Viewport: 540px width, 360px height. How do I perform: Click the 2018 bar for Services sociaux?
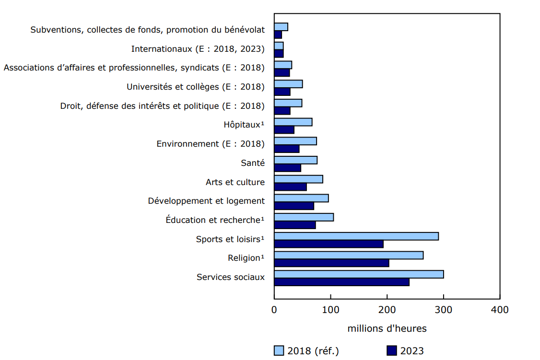(359, 274)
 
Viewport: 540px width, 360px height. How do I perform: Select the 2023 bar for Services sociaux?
(341, 282)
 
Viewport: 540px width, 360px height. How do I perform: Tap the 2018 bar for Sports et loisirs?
(356, 236)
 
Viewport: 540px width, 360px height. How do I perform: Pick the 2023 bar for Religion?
(331, 263)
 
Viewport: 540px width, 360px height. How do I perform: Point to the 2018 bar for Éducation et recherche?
(304, 217)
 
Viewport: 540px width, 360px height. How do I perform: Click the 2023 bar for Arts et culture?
(290, 187)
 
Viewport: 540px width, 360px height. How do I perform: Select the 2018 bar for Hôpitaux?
(293, 122)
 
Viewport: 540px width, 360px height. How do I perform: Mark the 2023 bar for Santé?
(287, 168)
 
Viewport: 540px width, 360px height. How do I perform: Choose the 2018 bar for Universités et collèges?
(288, 84)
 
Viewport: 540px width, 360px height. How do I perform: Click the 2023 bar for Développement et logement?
(294, 206)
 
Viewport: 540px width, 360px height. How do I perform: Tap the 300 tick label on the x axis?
(444, 310)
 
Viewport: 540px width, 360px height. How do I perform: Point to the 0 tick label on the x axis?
(274, 310)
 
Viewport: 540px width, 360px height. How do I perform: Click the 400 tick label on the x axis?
(500, 310)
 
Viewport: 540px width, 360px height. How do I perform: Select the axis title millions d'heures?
(387, 329)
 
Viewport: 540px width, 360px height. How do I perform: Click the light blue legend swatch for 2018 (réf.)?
(279, 351)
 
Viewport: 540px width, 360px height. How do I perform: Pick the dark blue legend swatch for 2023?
(392, 351)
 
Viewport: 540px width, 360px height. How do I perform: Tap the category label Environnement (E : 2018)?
(211, 144)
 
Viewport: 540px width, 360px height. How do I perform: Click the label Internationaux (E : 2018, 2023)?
(198, 49)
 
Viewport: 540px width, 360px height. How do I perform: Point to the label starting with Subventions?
(147, 30)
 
